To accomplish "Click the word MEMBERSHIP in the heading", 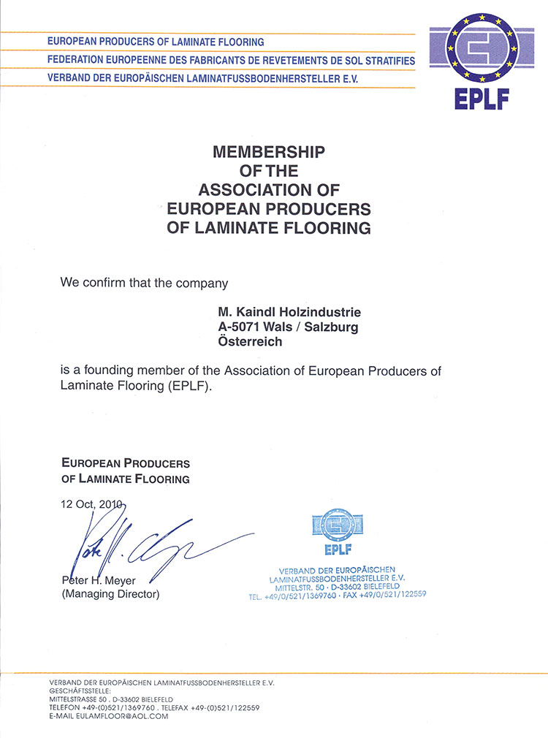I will pyautogui.click(x=268, y=152).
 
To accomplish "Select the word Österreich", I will pyautogui.click(x=249, y=341).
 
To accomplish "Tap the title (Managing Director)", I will pyautogui.click(x=110, y=595).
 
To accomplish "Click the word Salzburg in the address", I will pyautogui.click(x=333, y=327).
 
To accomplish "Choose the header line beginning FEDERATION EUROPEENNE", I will pyautogui.click(x=231, y=60).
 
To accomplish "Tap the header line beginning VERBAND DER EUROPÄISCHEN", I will pyautogui.click(x=202, y=77).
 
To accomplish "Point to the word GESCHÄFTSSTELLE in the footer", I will pyautogui.click(x=80, y=691).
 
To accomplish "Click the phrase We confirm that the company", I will pyautogui.click(x=145, y=282).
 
